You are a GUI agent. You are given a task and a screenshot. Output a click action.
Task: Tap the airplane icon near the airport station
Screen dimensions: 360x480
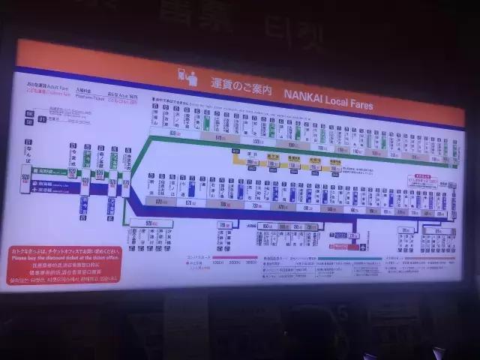coord(363,247)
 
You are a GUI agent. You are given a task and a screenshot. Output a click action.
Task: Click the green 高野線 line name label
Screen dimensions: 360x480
coord(46,170)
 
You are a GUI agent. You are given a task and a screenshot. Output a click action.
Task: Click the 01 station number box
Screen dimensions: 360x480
coord(41,118)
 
